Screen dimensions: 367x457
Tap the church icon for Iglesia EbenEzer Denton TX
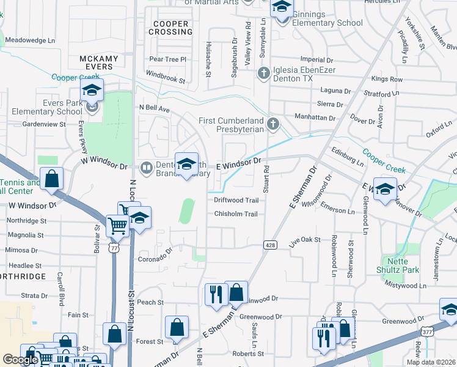[264, 74]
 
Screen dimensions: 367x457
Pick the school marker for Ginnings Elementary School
[282, 8]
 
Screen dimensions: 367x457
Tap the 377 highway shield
[427, 331]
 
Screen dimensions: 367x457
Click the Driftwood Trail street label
[236, 200]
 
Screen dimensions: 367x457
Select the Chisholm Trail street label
[236, 213]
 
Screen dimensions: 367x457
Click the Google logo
[20, 360]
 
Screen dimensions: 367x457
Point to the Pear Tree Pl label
[167, 59]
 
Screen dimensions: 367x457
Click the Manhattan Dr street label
[316, 117]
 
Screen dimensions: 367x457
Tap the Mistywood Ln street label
[406, 286]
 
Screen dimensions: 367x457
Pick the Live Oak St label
[305, 240]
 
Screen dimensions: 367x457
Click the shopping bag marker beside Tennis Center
[53, 179]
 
